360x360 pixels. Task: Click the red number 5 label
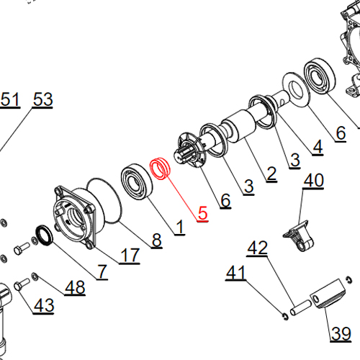[203, 213]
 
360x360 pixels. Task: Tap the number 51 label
[10, 99]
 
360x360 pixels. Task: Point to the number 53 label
[42, 99]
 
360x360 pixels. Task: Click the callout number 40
[314, 180]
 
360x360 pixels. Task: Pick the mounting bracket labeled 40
[299, 236]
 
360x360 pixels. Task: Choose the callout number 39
[341, 333]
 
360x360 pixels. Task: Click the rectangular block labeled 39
[328, 294]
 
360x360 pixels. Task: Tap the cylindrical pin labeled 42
[301, 307]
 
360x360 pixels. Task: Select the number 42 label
[257, 248]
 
